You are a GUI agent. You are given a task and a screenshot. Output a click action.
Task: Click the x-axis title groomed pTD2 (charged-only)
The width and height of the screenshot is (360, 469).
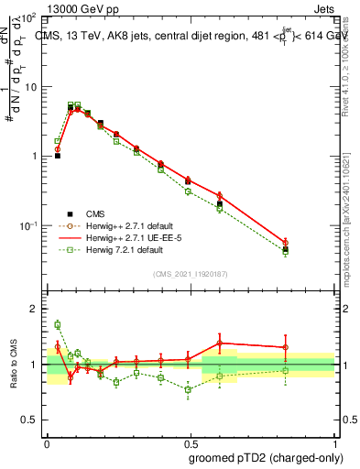[266, 457]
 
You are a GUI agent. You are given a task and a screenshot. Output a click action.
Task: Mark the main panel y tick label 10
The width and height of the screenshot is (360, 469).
[30, 87]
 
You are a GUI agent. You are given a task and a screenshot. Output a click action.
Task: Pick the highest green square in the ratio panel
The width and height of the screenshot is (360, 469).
[58, 324]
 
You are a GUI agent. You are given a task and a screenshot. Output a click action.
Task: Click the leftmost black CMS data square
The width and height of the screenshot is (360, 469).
[58, 156]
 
